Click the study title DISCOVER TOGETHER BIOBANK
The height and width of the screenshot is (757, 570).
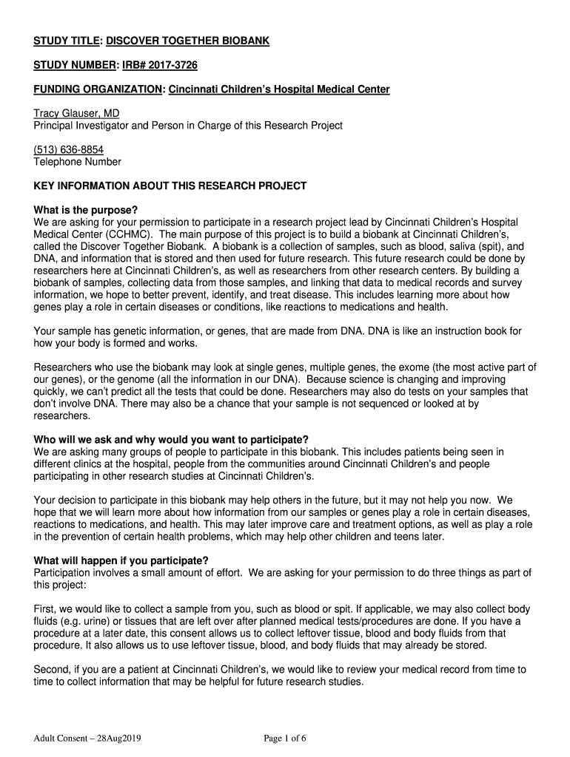(x=185, y=41)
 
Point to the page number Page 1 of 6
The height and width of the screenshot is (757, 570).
(x=285, y=739)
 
